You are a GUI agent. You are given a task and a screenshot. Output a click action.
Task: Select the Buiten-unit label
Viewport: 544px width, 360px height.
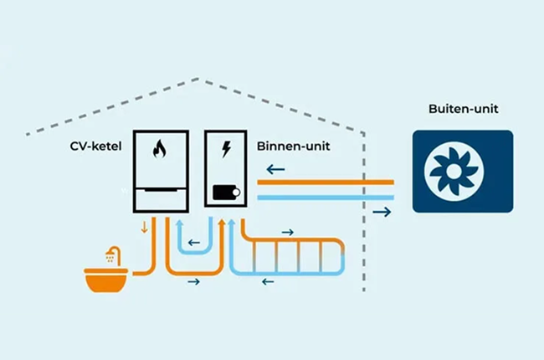coord(462,110)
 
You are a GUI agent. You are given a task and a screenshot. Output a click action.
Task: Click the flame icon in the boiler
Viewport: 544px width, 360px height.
coord(160,152)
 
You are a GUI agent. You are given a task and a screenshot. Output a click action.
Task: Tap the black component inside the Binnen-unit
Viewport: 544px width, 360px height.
coord(224,193)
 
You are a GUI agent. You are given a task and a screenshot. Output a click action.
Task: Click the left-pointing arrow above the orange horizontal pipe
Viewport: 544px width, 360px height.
coord(275,170)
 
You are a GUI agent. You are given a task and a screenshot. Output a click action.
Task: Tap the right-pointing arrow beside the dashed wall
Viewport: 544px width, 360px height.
coord(382,213)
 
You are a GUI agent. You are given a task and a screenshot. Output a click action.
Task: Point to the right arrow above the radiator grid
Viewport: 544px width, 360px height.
coord(287,231)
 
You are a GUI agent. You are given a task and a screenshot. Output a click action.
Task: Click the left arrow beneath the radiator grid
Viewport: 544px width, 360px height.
coord(268,281)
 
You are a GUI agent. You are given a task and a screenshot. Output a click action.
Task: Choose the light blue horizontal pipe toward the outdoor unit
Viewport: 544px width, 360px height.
coord(326,198)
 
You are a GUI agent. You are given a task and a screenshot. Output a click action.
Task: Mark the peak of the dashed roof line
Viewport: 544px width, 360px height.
coord(198,80)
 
